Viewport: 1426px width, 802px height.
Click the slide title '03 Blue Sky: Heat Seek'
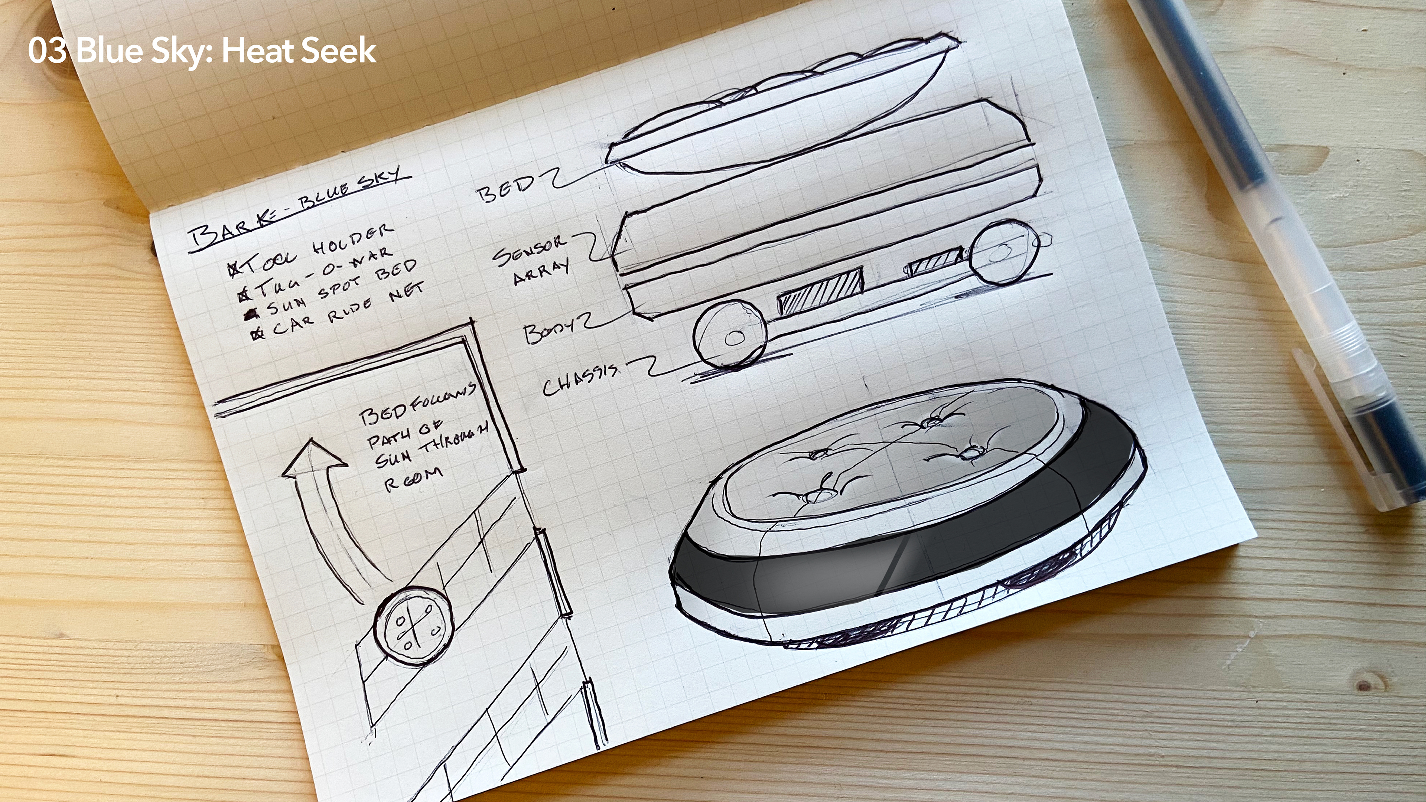[x=202, y=51]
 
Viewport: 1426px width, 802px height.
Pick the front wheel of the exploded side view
[x=730, y=335]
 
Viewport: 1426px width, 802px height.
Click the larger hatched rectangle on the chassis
[x=820, y=292]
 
